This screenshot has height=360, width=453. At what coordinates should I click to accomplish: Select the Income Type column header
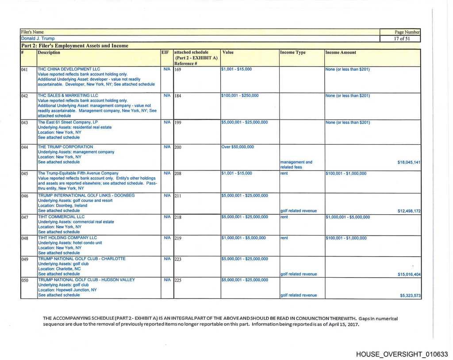(x=292, y=52)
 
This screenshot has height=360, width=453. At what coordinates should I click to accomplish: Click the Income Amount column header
(x=341, y=52)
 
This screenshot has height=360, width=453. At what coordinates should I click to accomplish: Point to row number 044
(x=25, y=147)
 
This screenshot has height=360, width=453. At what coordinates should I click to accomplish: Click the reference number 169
(x=178, y=70)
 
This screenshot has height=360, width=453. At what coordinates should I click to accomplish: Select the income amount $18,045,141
(x=409, y=162)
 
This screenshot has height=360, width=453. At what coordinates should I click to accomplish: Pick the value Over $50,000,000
(x=237, y=147)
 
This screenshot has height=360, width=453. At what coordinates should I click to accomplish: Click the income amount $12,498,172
(x=409, y=211)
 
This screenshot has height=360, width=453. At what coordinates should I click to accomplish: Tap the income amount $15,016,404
(x=409, y=274)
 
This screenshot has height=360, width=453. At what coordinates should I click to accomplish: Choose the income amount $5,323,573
(x=410, y=295)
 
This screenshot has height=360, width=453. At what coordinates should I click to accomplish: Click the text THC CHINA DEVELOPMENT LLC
(x=69, y=69)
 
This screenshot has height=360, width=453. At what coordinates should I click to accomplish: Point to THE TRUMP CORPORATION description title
(x=65, y=147)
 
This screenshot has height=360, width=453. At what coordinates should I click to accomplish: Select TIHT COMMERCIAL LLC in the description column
(x=61, y=217)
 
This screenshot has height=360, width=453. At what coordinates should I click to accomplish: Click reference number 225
(x=178, y=280)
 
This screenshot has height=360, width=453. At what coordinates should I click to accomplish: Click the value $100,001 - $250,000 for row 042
(x=239, y=95)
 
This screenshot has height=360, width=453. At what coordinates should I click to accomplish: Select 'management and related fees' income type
(x=296, y=164)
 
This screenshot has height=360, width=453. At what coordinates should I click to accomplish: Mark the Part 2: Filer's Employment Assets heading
(x=75, y=45)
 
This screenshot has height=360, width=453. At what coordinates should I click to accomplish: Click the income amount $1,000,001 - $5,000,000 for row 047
(x=348, y=217)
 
